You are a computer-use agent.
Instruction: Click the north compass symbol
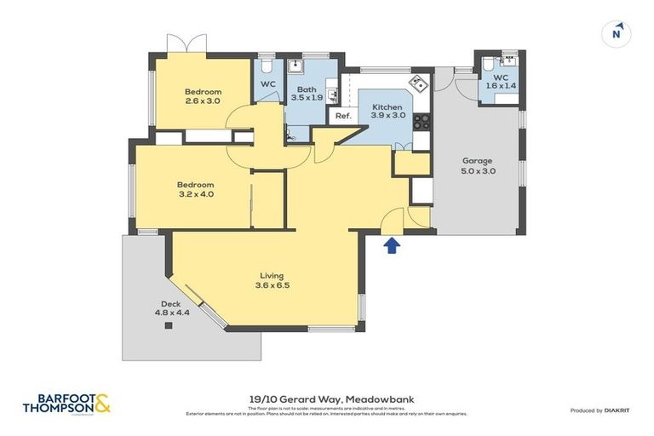[617, 34]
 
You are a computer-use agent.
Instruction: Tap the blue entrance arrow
[392, 246]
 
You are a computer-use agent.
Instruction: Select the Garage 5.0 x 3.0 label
[479, 165]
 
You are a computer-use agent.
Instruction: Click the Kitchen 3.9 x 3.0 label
[387, 112]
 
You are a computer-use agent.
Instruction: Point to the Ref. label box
[343, 116]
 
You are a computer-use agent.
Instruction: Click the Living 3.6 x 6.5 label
[272, 280]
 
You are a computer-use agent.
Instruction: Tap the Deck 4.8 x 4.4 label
[171, 307]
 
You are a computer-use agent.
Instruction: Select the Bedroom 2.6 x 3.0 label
[203, 96]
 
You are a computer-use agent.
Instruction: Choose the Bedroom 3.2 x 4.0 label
[195, 189]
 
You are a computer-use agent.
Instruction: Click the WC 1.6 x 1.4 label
[500, 82]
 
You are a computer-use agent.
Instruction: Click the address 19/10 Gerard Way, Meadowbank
[326, 398]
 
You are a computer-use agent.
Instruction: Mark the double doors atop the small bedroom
[186, 43]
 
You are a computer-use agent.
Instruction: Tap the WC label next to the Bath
[267, 84]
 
